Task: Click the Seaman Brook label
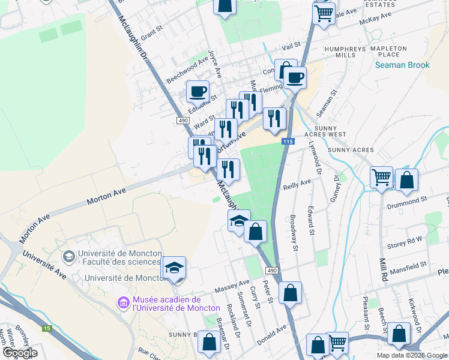[x=402, y=65]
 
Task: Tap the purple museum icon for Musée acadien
[x=124, y=303]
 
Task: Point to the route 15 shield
[x=47, y=328]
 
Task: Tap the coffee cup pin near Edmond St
[x=197, y=92]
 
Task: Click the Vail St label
[x=291, y=46]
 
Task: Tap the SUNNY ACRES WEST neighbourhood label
[x=337, y=135]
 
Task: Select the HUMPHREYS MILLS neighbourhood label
[x=345, y=52]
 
